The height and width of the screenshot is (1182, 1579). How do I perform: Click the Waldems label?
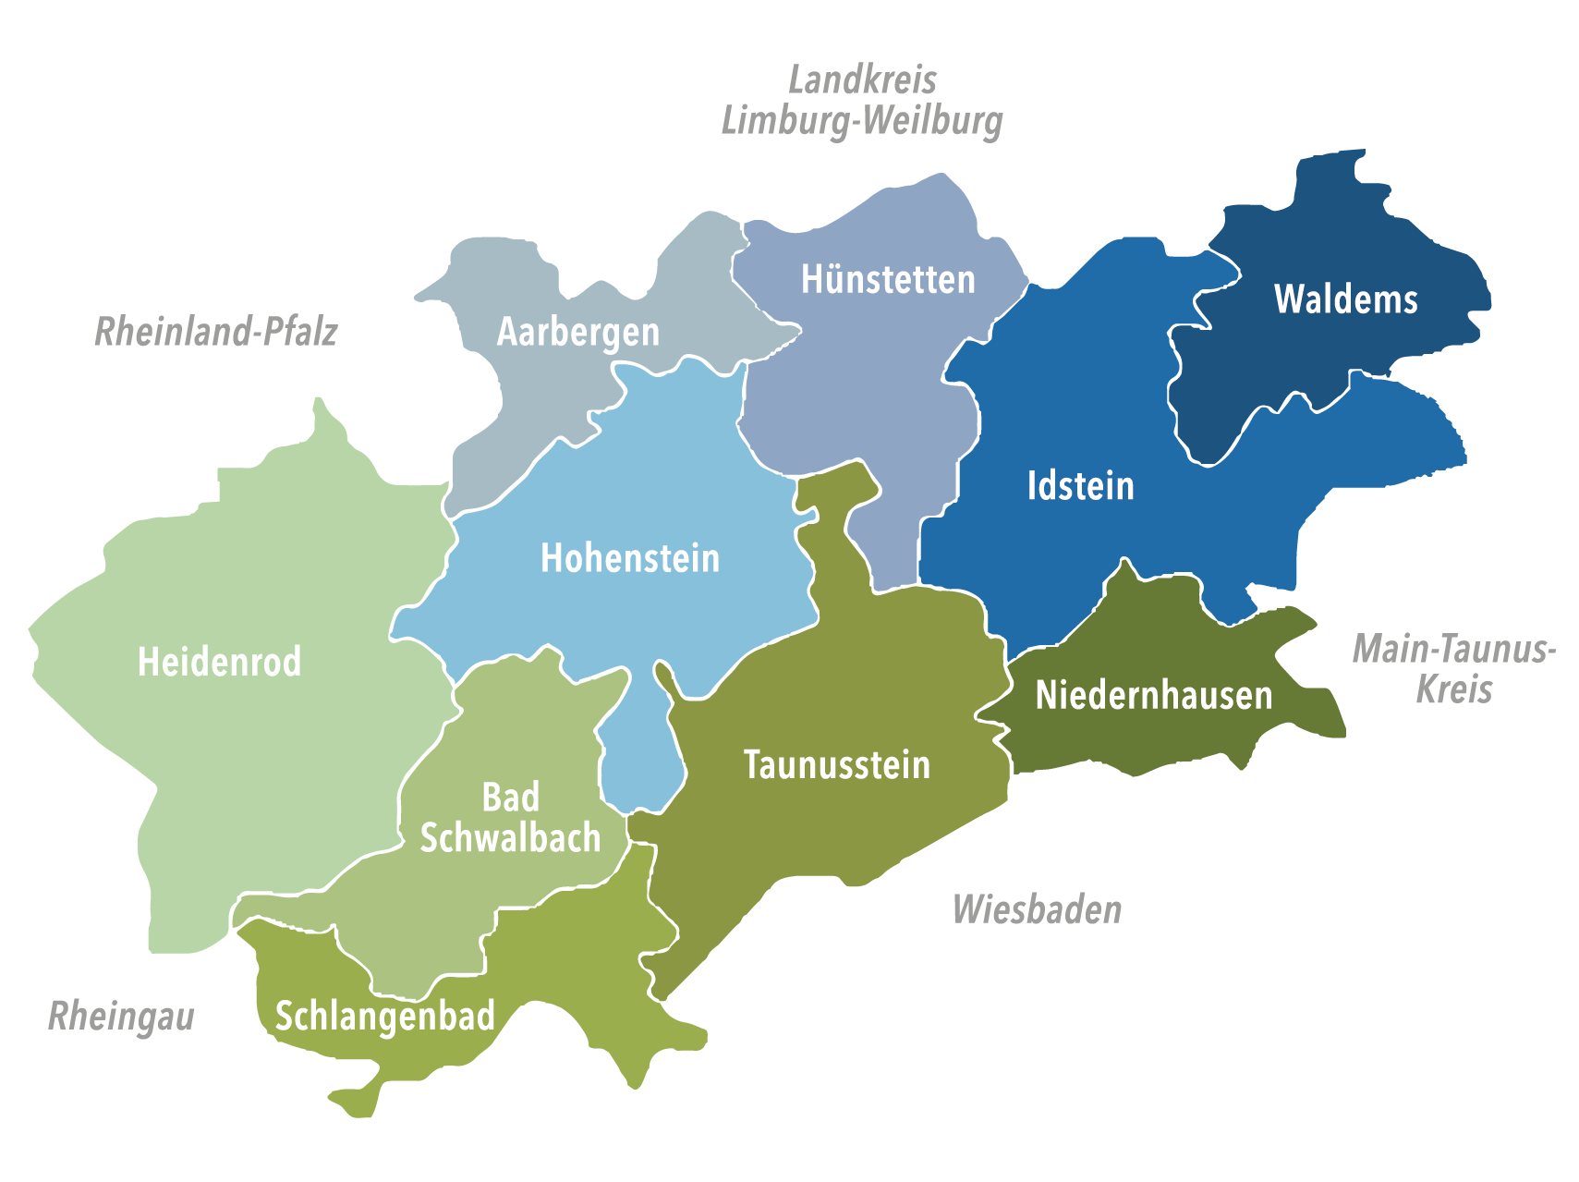pos(1345,299)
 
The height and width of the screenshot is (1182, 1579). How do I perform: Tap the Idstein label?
pos(1080,486)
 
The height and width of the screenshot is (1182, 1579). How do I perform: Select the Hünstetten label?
pos(887,279)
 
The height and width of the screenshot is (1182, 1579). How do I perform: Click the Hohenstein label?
pos(629,558)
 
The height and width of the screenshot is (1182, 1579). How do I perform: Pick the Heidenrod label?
pos(219,662)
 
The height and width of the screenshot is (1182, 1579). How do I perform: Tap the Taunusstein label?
pos(836,765)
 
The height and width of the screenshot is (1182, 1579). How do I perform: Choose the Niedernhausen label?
pos(1153,695)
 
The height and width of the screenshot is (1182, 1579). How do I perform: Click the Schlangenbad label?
pos(384,1017)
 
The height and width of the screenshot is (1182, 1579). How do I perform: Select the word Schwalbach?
pos(510,838)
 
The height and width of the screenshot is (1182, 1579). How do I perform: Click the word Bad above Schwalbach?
pos(510,797)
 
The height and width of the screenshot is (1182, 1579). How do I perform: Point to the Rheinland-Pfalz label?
pos(215,332)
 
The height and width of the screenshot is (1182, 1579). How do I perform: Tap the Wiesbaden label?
pos(1037,909)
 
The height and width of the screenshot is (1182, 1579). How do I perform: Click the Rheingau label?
pos(121,1017)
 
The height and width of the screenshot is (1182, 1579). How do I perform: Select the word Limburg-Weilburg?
pos(861,121)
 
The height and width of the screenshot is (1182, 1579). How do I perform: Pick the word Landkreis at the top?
pos(862,80)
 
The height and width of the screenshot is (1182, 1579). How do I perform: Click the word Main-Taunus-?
pos(1453,649)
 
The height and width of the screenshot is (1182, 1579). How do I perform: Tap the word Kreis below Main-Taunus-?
pos(1453,689)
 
